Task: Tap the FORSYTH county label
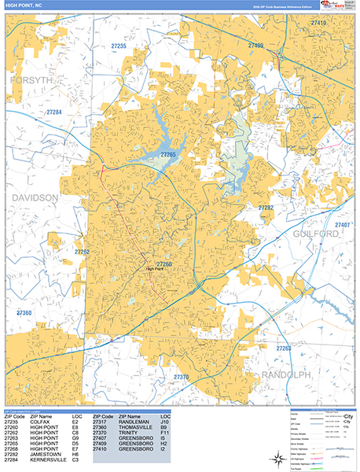[31, 80]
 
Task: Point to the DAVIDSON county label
[35, 197]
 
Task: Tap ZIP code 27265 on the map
[168, 155]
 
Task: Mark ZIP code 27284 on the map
[53, 112]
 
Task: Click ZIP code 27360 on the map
[24, 313]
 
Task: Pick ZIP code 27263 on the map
[284, 348]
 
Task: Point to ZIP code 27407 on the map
[342, 225]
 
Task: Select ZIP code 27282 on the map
[266, 208]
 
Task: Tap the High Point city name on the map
[158, 269]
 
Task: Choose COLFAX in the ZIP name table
[41, 422]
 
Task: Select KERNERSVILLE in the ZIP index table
[49, 460]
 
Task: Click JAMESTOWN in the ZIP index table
[46, 455]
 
